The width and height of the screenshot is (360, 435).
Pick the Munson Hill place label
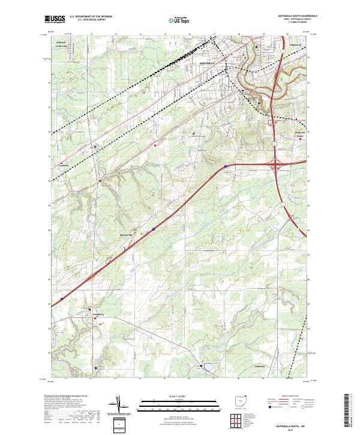click(125, 235)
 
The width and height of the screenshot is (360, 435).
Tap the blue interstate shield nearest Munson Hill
click(153, 228)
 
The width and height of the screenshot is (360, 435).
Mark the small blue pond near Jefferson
click(208, 366)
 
